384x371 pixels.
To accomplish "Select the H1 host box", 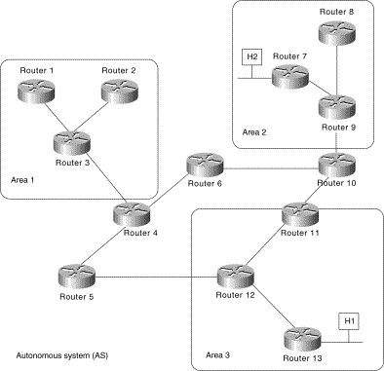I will (347, 321).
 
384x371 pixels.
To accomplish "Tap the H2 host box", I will (251, 57).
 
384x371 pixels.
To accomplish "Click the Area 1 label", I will (23, 181).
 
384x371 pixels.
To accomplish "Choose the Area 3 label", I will (218, 354).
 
